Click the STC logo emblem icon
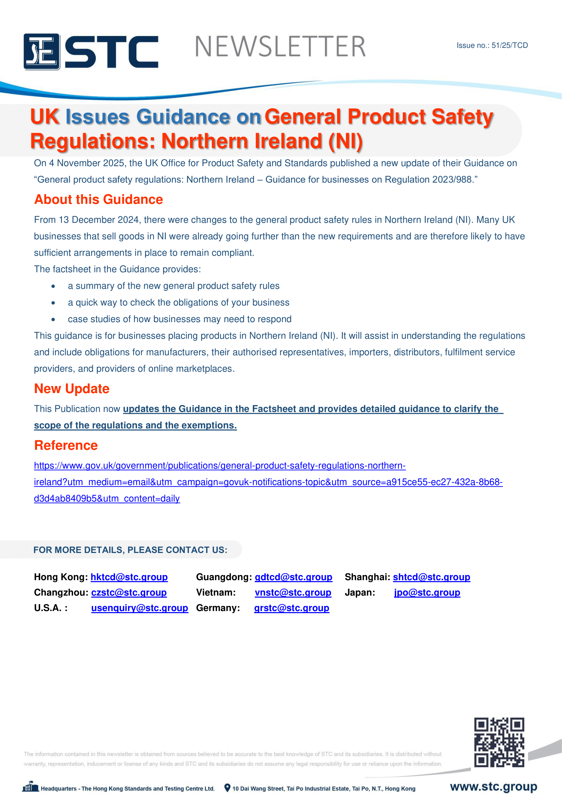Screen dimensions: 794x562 click(x=42, y=52)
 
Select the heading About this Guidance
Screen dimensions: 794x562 click(x=99, y=200)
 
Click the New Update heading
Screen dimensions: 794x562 click(x=72, y=389)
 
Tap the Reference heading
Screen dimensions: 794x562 click(x=66, y=445)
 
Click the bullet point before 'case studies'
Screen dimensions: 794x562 click(x=53, y=319)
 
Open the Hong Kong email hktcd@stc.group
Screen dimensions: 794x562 click(x=129, y=577)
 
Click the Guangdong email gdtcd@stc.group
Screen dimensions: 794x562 click(x=293, y=577)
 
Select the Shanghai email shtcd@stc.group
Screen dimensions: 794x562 click(x=431, y=577)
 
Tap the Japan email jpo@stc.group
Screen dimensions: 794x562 click(x=427, y=592)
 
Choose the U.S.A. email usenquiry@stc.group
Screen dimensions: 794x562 click(x=139, y=608)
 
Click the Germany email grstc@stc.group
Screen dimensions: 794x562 click(x=292, y=608)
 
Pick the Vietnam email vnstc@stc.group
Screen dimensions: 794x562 click(x=293, y=592)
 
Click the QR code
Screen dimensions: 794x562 click(x=499, y=742)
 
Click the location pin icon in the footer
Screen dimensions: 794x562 click(x=227, y=788)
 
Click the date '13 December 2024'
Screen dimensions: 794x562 click(x=99, y=220)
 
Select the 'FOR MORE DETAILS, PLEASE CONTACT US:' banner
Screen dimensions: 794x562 click(x=130, y=550)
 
